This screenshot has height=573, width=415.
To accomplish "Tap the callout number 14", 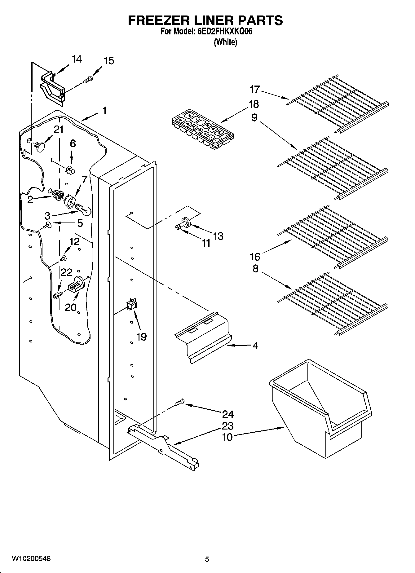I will (76, 59).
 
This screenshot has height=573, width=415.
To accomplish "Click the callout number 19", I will (141, 337).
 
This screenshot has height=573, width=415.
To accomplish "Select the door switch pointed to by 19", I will (131, 305).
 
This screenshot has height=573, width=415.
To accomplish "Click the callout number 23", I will (227, 426).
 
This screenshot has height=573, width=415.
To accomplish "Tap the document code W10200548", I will (31, 559).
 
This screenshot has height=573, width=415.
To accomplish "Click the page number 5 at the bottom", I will (207, 559).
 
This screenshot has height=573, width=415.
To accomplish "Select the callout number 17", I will (254, 90).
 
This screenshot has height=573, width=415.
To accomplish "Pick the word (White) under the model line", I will (225, 42).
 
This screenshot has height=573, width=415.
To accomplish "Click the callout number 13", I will (218, 236).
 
